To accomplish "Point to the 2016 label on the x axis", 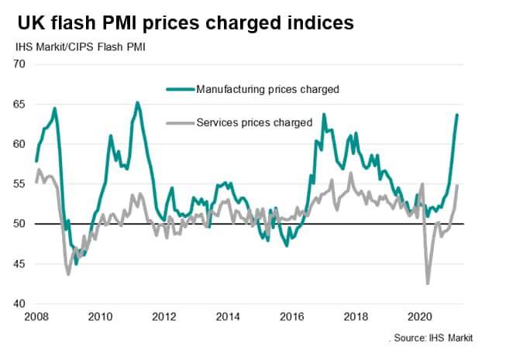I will (291, 316).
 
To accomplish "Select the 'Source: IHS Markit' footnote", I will (432, 338).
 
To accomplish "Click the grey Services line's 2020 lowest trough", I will (428, 283).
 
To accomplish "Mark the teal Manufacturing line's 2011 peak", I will (137, 102).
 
